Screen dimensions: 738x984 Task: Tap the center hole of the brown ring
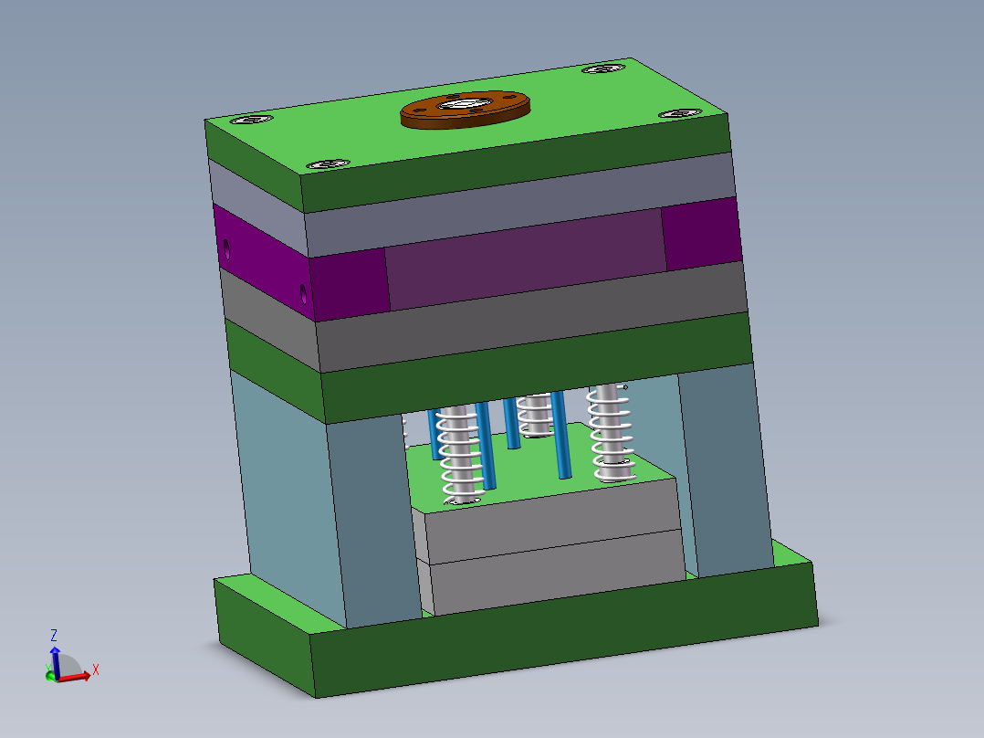pyautogui.click(x=466, y=103)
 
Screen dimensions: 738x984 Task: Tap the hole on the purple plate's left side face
pyautogui.click(x=225, y=247)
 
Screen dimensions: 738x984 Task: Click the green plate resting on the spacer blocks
pyautogui.click(x=539, y=371)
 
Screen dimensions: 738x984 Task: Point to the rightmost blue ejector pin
pyautogui.click(x=561, y=438)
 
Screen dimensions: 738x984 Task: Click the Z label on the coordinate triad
pyautogui.click(x=55, y=635)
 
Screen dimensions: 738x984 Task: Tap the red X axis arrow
pyautogui.click(x=78, y=676)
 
